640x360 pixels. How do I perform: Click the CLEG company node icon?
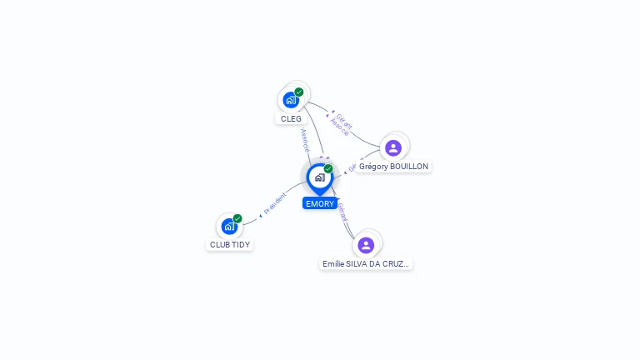291,100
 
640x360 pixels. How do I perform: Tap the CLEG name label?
291,118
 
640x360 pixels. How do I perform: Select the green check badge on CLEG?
299,92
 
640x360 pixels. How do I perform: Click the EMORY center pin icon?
319,177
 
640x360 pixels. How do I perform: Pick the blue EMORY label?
320,203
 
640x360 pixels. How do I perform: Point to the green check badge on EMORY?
328,168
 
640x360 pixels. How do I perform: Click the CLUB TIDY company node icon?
229,226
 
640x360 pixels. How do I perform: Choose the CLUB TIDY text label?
230,244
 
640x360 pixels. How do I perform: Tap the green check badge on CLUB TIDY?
237,218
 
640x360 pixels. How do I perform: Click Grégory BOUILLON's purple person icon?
393,148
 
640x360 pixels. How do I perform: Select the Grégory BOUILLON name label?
393,167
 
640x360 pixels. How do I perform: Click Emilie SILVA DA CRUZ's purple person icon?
366,245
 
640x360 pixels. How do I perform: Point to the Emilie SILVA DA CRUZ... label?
366,263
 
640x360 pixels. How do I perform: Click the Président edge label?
275,203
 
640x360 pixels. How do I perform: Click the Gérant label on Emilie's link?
342,212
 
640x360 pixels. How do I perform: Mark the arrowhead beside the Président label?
260,215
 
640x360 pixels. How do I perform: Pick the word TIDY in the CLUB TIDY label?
240,244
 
